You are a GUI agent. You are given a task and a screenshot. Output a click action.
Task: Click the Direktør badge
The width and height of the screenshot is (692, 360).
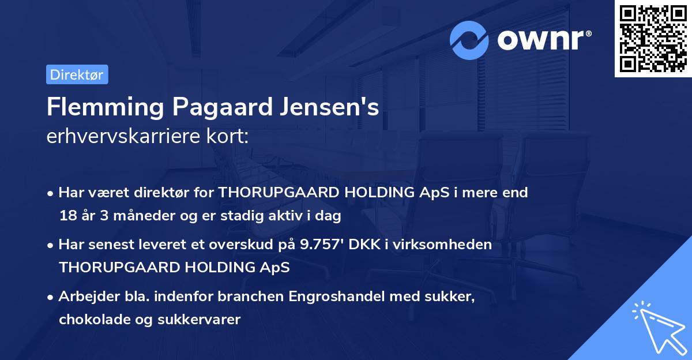pyautogui.click(x=77, y=74)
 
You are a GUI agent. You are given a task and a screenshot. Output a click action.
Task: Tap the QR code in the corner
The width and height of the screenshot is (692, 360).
pyautogui.click(x=653, y=39)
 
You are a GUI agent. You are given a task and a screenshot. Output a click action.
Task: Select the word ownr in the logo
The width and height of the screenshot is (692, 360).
pyautogui.click(x=540, y=40)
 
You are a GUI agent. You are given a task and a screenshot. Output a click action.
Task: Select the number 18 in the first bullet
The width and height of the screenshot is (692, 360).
pyautogui.click(x=67, y=216)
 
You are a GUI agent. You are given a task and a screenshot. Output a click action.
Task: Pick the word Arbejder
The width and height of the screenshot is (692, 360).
pyautogui.click(x=86, y=297)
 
